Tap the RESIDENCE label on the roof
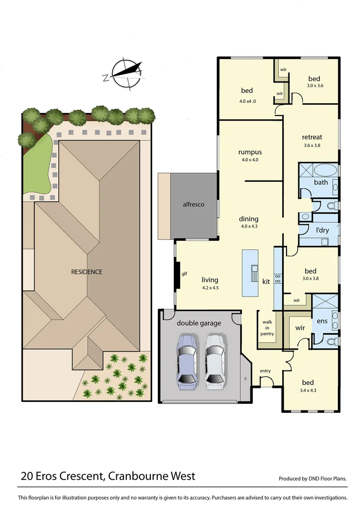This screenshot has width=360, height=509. [87, 272]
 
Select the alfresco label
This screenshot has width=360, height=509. [194, 205]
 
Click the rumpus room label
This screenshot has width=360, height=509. [250, 152]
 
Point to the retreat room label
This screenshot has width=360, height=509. [312, 138]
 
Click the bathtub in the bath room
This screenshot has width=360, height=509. [326, 170]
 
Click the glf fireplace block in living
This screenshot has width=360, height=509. [178, 278]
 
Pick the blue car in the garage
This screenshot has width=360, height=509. [187, 361]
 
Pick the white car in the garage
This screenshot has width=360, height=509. [215, 361]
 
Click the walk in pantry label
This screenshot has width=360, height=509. [267, 328]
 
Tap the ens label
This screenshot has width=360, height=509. [322, 321]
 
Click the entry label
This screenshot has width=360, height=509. [265, 371]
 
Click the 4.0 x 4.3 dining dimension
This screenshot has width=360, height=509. [248, 226]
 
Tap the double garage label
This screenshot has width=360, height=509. [199, 323]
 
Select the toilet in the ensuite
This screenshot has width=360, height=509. [331, 341]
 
